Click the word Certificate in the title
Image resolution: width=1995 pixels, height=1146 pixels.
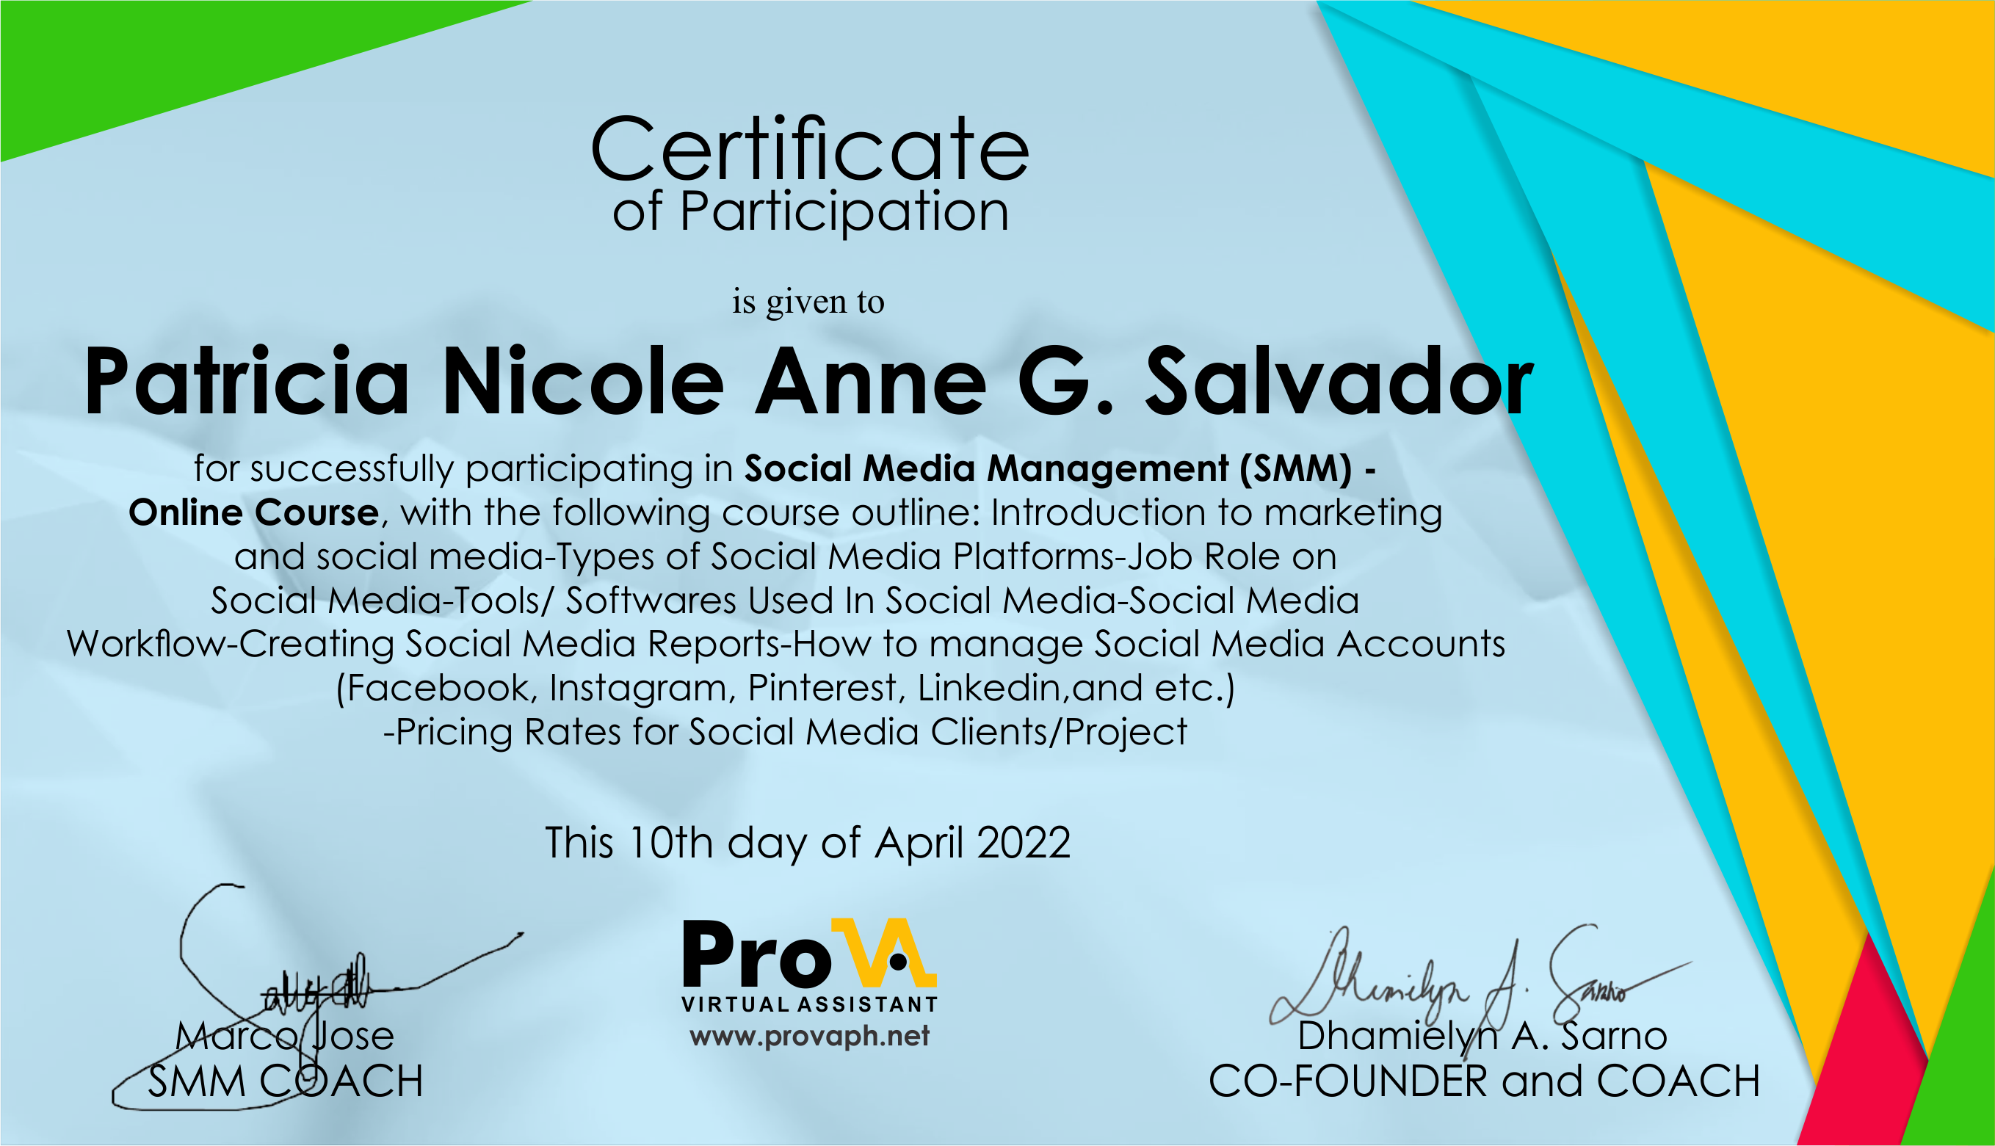809,150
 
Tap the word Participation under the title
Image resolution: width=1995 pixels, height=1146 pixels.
844,212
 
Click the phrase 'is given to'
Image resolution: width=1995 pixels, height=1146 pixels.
808,302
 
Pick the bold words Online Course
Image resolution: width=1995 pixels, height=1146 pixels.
253,512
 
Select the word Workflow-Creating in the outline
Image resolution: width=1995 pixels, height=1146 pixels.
230,644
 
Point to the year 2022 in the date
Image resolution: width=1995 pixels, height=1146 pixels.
1023,843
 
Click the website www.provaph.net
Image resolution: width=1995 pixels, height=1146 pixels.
809,1036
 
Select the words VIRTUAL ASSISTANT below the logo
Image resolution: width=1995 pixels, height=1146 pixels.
809,1004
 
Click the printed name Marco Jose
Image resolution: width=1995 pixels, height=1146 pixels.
284,1036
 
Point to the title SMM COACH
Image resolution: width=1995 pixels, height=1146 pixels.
285,1081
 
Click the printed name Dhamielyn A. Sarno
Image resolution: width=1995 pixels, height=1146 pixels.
1482,1036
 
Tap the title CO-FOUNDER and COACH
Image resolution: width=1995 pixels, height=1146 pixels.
1483,1081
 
